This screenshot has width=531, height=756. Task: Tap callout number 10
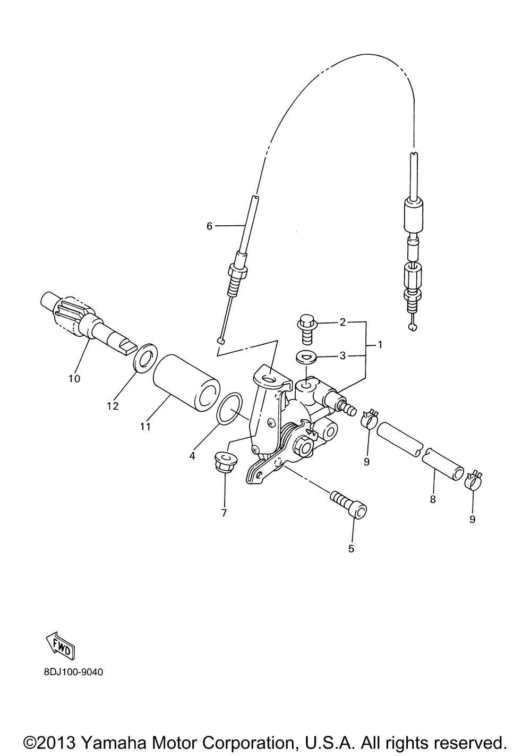click(74, 379)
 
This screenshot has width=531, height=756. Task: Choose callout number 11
click(145, 426)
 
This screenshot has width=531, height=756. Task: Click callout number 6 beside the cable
click(209, 226)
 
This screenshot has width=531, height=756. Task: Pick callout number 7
click(224, 513)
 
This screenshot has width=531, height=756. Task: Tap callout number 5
click(351, 548)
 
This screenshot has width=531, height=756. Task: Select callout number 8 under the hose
click(433, 499)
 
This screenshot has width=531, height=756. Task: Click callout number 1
click(380, 345)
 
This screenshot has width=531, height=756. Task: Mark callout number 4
click(192, 456)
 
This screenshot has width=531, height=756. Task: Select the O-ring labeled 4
click(230, 410)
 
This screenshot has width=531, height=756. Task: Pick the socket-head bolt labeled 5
click(348, 505)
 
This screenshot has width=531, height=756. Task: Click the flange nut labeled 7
click(225, 460)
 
